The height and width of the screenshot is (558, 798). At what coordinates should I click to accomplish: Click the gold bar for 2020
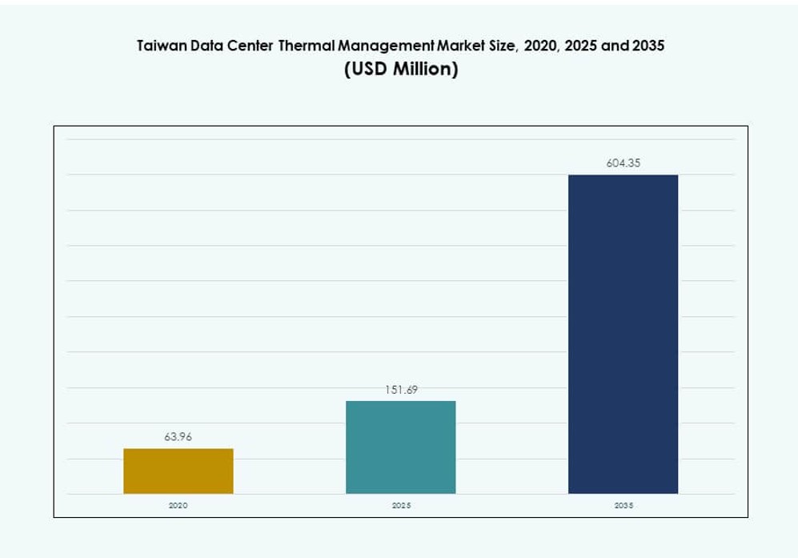(178, 471)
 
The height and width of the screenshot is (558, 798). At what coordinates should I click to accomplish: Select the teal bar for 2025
(400, 447)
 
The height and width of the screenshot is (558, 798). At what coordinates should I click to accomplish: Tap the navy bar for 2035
(623, 334)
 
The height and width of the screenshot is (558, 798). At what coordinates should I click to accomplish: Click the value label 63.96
(178, 437)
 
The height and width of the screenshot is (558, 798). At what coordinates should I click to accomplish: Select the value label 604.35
(623, 163)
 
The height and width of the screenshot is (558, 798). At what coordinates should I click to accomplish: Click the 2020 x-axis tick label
(178, 507)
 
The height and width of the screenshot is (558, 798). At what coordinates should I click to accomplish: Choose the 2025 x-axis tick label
(400, 507)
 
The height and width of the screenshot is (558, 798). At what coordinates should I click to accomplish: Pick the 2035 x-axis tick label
(623, 507)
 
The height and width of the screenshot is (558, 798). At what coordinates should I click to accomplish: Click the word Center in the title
(250, 46)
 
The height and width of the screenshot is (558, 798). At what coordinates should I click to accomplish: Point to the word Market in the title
(456, 46)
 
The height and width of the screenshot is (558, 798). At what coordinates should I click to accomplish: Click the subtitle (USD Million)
(401, 70)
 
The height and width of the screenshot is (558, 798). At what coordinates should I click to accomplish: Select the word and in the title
(614, 46)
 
